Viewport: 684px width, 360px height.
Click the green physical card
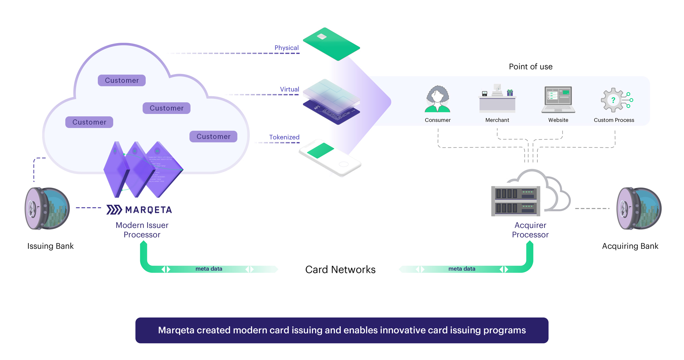(x=331, y=44)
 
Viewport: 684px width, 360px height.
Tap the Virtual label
(x=289, y=89)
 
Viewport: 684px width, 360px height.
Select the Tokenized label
(x=284, y=137)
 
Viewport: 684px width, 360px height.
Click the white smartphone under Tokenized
(x=330, y=158)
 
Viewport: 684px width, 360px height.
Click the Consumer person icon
(x=437, y=100)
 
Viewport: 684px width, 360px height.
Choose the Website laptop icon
(x=558, y=100)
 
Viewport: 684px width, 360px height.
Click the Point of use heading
(x=530, y=67)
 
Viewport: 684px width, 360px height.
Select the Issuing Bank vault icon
(x=47, y=208)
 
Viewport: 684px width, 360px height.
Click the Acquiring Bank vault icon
(x=639, y=208)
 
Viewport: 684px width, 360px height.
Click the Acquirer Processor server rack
(x=516, y=201)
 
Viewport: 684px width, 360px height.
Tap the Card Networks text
(x=340, y=270)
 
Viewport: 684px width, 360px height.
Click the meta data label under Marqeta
(x=209, y=269)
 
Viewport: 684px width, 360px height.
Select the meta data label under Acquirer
(x=462, y=269)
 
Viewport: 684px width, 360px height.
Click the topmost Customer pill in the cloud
(x=122, y=80)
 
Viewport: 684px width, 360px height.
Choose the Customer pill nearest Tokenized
(x=213, y=137)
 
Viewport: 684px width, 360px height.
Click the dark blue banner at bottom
(x=342, y=330)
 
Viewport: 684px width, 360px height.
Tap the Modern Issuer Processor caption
(x=142, y=230)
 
